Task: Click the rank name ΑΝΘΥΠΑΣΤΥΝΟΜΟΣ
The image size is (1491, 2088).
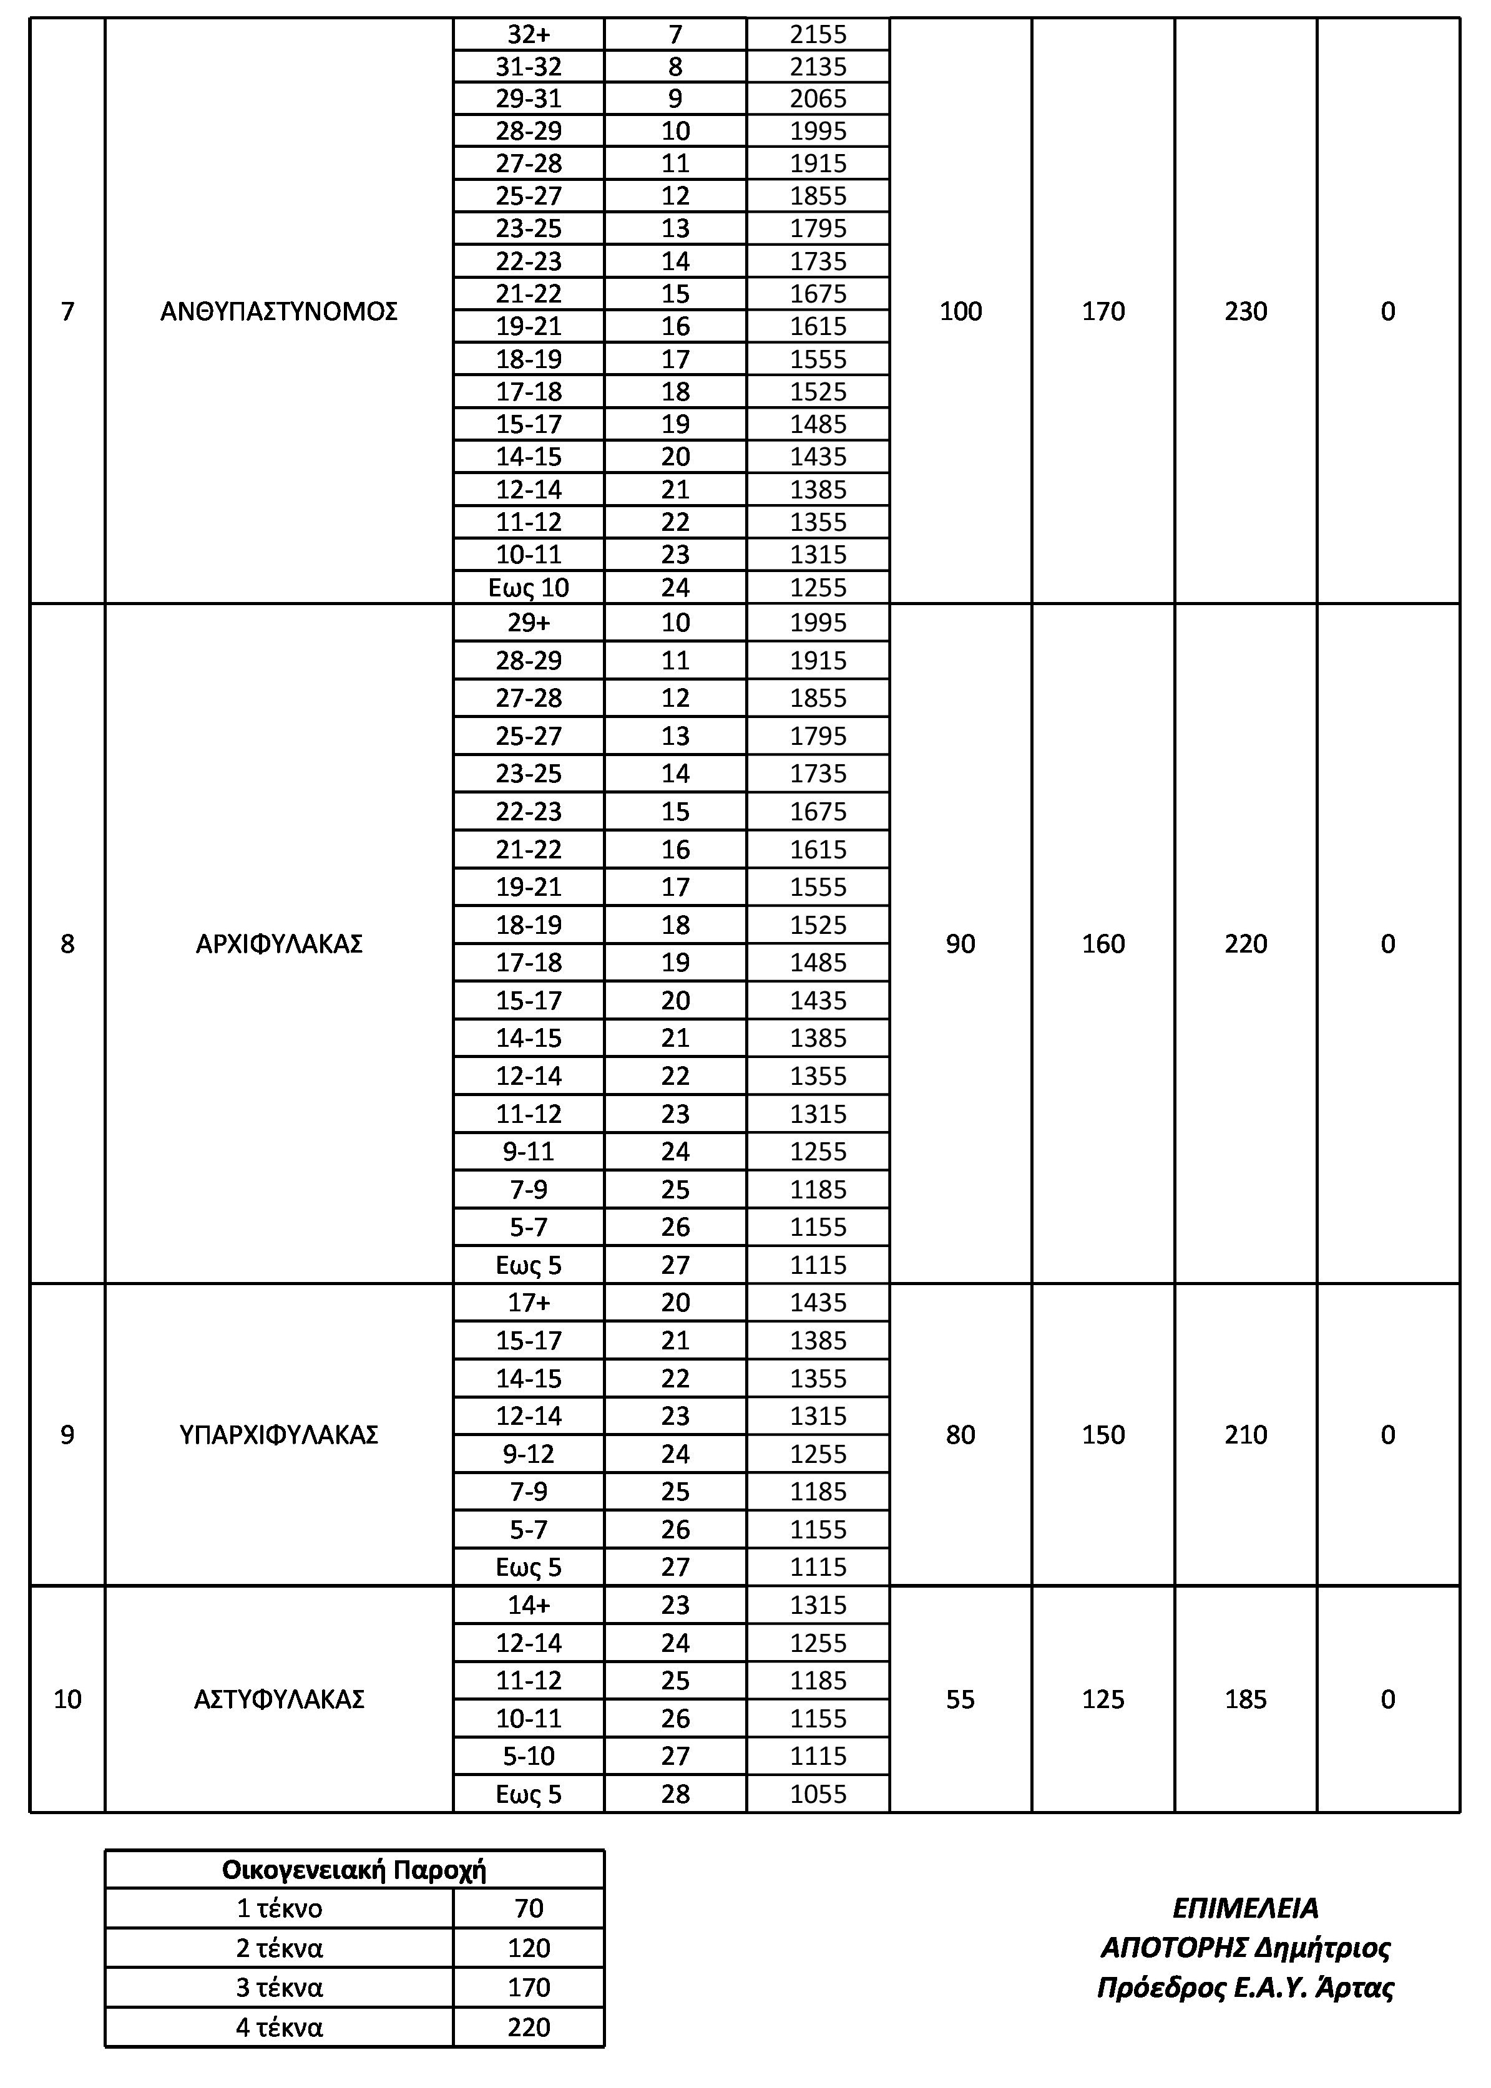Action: coord(278,312)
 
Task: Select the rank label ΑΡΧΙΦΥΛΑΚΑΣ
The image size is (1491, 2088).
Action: coord(278,943)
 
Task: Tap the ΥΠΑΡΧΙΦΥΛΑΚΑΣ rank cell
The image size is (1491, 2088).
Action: coord(278,1434)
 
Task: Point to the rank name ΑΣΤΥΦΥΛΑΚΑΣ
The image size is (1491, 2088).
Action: coord(278,1700)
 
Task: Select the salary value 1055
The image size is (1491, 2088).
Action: coord(818,1794)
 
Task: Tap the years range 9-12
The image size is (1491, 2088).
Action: coord(529,1454)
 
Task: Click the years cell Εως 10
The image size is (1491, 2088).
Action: coord(529,588)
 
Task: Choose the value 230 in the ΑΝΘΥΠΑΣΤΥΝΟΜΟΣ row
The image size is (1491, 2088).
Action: coord(1245,312)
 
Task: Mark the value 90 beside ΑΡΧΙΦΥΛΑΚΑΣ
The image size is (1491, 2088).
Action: coord(961,943)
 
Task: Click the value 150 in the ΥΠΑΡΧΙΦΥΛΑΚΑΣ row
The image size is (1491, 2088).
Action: coord(1103,1434)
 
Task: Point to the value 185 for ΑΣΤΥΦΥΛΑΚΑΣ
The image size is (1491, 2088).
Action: coord(1245,1700)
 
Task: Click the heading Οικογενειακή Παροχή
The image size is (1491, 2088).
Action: coord(354,1870)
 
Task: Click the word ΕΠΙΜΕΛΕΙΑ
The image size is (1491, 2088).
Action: coord(1245,1909)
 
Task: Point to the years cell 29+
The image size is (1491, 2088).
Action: coord(529,623)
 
